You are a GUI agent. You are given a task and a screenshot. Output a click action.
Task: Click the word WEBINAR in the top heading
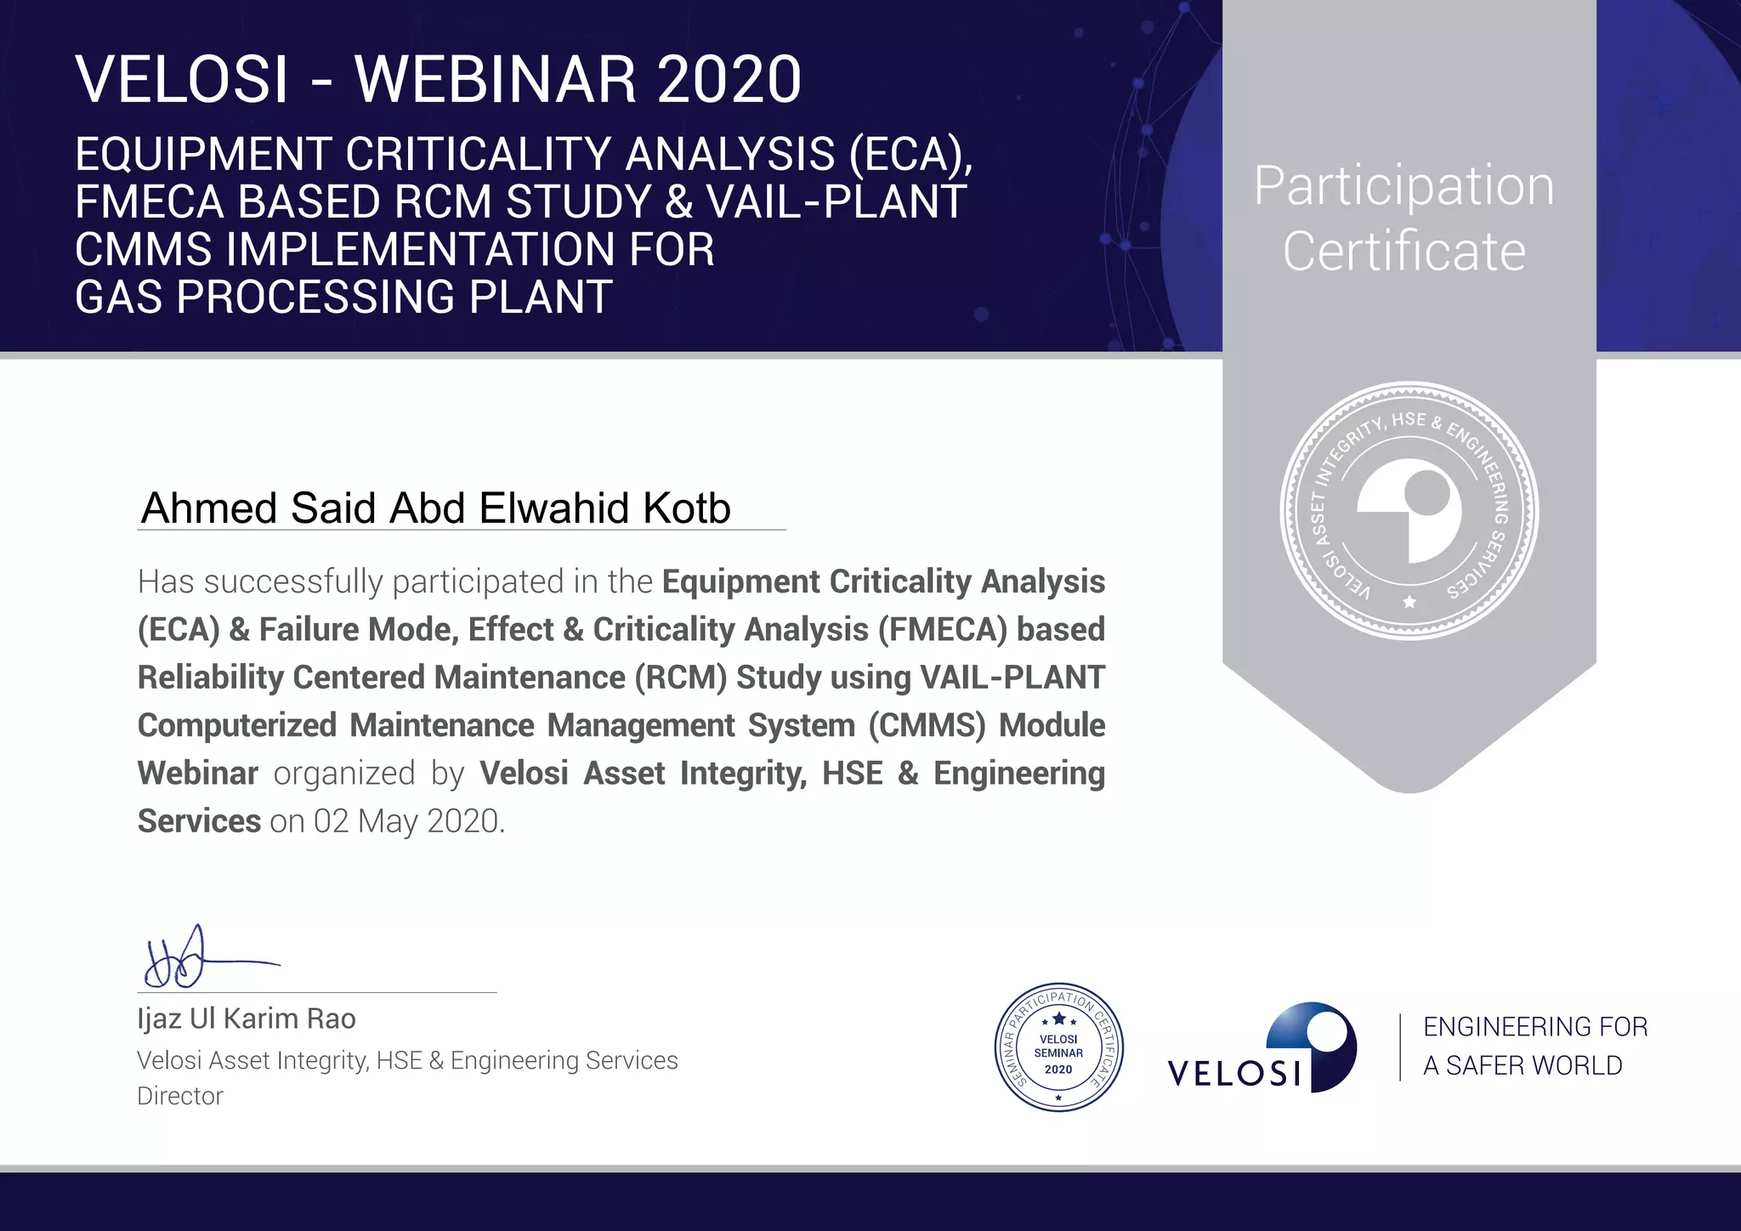coord(495,80)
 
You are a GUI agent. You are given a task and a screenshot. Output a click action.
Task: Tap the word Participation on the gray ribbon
coord(1404,186)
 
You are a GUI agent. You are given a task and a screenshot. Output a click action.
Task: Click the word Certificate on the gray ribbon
coord(1404,252)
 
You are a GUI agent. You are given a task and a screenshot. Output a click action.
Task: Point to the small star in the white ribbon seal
coord(1409,602)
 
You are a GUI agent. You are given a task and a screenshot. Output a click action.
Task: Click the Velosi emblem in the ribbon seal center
coord(1409,511)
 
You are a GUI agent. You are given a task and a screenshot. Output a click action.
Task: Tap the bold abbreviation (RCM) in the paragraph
coord(680,678)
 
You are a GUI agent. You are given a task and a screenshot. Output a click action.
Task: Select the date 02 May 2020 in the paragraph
coord(408,821)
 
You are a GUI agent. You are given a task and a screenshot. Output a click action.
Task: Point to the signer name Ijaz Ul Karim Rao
coord(247,1018)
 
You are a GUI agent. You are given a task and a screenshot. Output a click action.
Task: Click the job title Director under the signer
coord(180,1096)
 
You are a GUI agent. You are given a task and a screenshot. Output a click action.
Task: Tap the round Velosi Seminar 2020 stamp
coord(1058,1047)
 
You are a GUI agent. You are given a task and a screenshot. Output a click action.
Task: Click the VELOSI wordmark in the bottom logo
coord(1234,1073)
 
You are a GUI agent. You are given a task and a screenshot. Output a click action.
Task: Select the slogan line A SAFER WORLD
coord(1523,1065)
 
